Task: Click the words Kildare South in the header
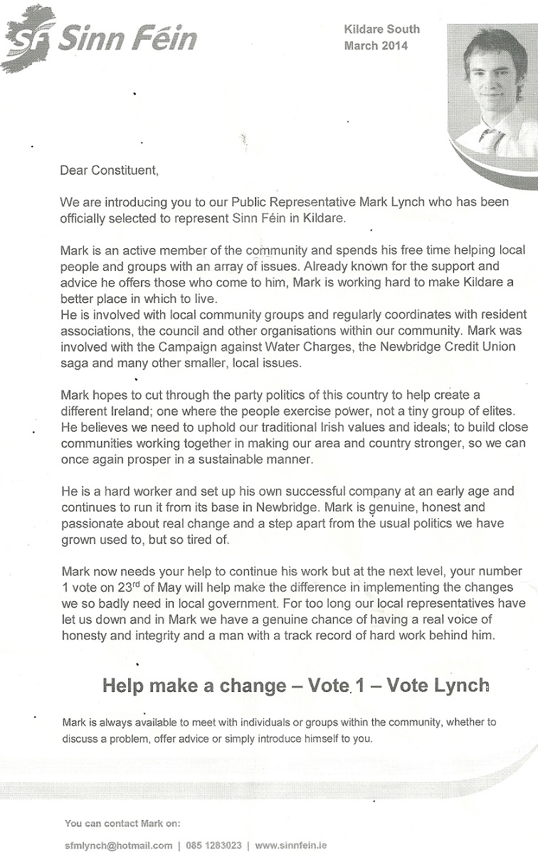click(381, 29)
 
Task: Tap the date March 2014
click(376, 46)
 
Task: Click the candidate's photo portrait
click(492, 85)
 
